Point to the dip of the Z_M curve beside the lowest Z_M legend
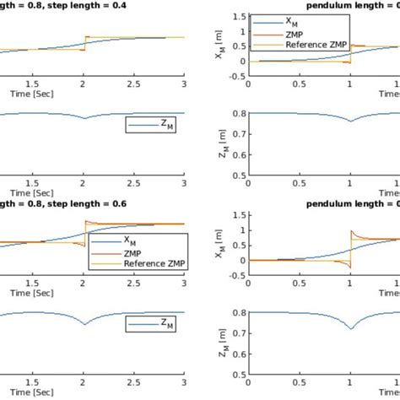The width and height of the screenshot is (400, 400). pyautogui.click(x=84, y=324)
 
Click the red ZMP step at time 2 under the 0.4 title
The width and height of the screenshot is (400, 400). pyautogui.click(x=84, y=44)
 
